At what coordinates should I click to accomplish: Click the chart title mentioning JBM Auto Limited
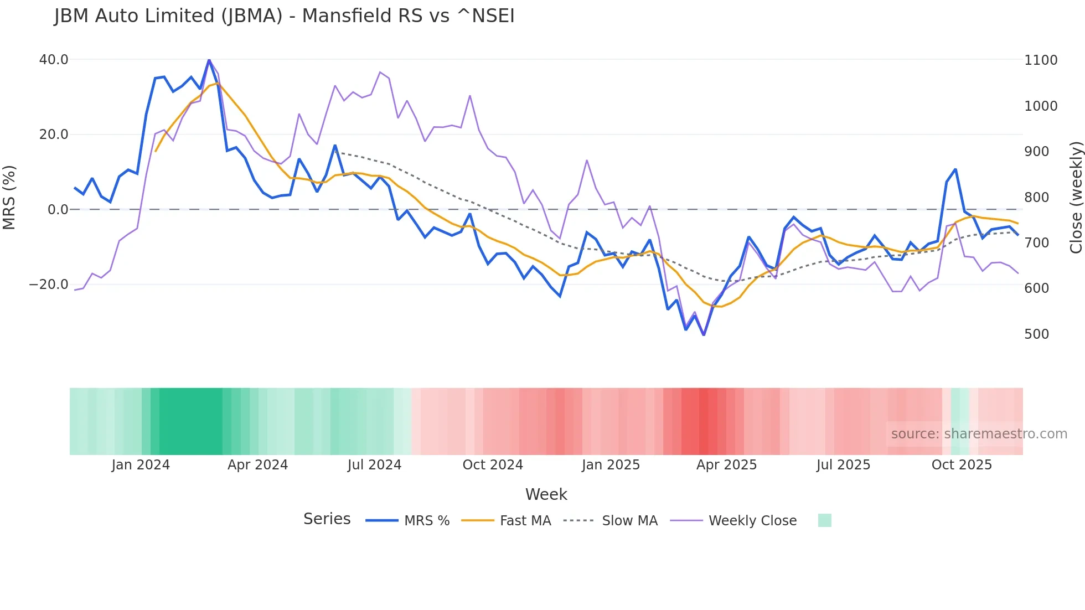284,16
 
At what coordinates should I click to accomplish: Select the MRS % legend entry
426,521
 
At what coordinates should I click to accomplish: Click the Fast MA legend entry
525,521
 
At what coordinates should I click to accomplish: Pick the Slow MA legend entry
629,521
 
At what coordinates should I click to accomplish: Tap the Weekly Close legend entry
752,521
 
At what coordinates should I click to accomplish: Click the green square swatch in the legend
824,520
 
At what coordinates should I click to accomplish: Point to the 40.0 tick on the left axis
54,60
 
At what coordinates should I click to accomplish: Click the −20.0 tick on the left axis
49,285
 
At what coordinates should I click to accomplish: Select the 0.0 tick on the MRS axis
58,210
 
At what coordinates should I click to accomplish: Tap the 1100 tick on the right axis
1041,60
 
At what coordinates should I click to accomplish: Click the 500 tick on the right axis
1036,334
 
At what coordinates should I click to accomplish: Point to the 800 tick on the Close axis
1036,198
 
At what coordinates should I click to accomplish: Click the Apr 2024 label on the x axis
257,465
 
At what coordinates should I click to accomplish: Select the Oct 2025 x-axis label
962,465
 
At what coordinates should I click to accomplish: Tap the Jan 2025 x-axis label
611,465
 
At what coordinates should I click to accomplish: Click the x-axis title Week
546,494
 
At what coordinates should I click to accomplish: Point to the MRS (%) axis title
9,198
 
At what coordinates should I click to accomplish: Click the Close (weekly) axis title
1076,198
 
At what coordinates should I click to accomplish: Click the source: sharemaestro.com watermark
979,434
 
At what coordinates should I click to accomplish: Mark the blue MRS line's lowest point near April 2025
704,335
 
